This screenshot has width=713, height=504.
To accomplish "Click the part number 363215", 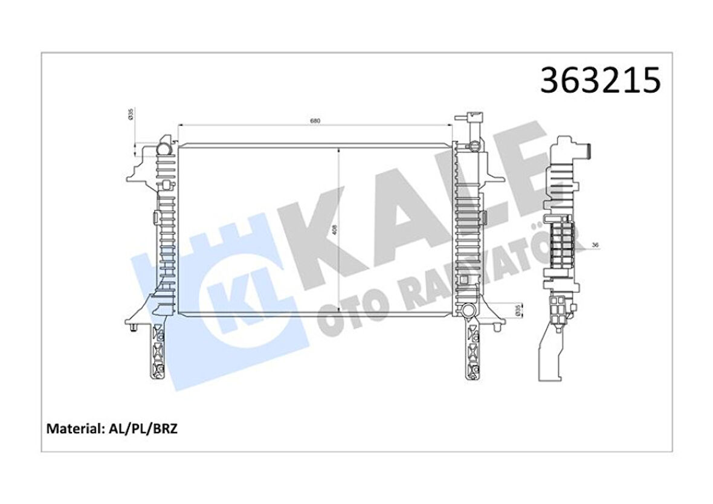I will point(600,81).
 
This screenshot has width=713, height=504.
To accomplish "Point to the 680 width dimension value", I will point(315,121).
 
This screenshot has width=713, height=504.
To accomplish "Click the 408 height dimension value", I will point(334,229).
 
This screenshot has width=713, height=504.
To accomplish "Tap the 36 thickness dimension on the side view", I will point(595,245).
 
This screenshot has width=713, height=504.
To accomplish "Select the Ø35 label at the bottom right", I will point(517,310).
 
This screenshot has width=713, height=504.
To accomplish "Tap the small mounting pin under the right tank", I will point(497,328).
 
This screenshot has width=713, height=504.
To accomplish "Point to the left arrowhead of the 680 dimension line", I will point(180,125).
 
